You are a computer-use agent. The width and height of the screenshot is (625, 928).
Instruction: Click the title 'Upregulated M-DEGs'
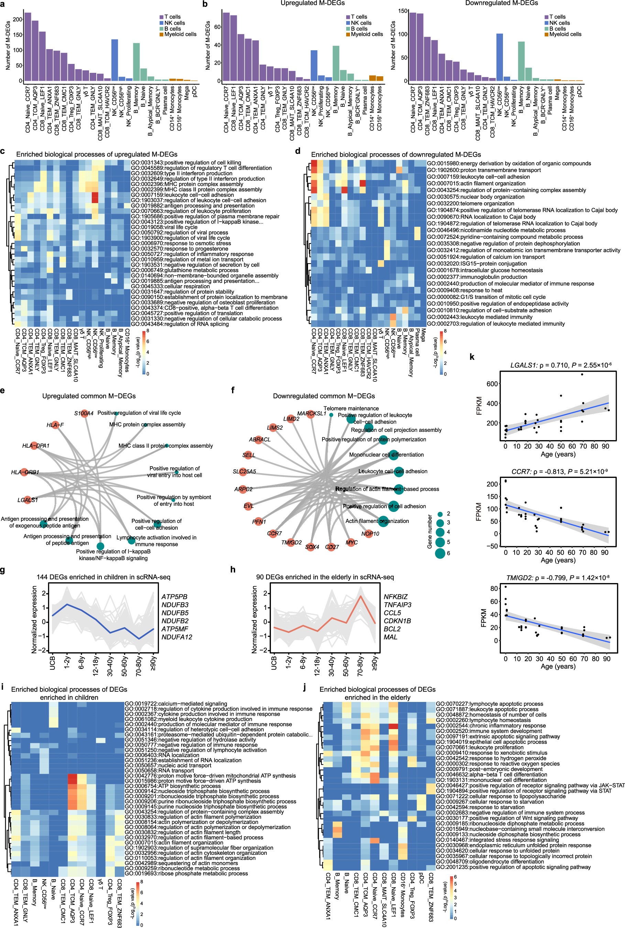(x=312, y=3)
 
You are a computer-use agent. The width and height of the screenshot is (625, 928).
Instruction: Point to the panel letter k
(x=472, y=357)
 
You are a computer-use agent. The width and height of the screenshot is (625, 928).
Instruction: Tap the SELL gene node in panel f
(x=249, y=455)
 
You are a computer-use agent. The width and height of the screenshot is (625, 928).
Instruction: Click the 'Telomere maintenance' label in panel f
(x=351, y=409)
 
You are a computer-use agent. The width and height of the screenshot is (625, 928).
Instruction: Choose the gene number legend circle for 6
(x=440, y=553)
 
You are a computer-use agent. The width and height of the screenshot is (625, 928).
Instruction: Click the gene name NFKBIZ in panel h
(x=395, y=597)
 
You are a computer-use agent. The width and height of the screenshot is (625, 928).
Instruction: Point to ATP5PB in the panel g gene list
(x=174, y=597)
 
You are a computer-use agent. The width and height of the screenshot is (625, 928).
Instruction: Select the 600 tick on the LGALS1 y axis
(x=493, y=383)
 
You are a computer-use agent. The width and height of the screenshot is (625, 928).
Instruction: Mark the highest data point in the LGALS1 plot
(x=582, y=374)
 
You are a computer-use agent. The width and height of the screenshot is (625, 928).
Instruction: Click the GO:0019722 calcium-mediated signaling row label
(x=176, y=704)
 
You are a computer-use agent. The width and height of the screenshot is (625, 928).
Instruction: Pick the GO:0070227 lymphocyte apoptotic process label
(x=489, y=704)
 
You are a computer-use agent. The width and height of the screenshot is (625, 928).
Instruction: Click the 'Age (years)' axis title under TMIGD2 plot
(x=558, y=666)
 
